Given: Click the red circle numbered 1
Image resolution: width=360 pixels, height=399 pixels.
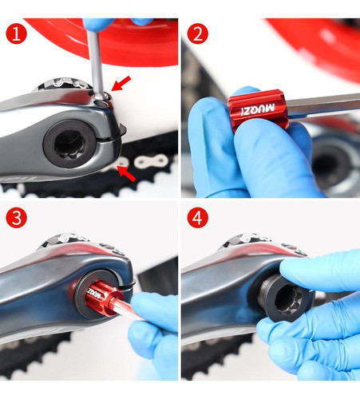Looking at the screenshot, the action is (x=16, y=34).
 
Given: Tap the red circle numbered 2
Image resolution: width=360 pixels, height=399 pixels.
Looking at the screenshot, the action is (x=197, y=34).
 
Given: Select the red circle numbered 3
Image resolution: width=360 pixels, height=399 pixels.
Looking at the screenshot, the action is (x=16, y=218).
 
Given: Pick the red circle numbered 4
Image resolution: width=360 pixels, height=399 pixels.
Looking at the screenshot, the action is (x=197, y=218).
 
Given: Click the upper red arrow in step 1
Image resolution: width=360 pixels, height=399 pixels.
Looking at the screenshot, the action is (x=121, y=83).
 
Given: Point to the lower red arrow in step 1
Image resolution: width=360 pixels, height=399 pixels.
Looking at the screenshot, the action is (x=127, y=173).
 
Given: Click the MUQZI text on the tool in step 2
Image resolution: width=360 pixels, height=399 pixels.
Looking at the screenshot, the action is (x=258, y=109).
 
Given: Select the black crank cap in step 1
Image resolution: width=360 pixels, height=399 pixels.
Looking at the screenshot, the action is (x=69, y=144).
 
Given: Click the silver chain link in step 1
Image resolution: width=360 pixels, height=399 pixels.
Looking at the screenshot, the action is (x=151, y=161).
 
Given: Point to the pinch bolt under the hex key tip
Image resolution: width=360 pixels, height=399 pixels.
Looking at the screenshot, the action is (x=102, y=101).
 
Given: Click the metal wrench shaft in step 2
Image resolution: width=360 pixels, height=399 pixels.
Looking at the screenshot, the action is (x=323, y=105).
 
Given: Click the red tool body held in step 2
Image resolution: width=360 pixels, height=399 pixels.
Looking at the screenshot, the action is (x=258, y=109).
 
